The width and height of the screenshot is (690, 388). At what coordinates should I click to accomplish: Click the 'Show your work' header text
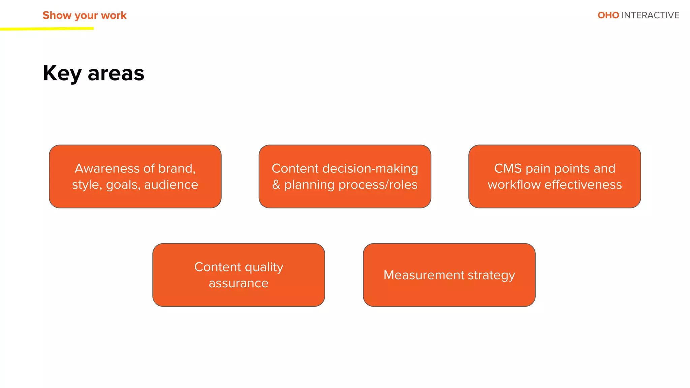click(x=84, y=15)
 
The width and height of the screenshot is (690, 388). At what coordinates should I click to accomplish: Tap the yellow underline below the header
click(x=47, y=29)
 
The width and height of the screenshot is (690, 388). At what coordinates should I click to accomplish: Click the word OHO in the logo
click(x=608, y=15)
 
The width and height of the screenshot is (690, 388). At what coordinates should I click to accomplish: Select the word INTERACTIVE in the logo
click(x=650, y=15)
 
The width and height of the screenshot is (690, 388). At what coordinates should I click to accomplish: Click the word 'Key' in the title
click(x=62, y=73)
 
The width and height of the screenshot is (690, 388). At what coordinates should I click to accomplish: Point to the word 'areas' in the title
click(x=116, y=73)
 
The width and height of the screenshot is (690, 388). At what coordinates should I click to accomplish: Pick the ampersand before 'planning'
click(x=276, y=185)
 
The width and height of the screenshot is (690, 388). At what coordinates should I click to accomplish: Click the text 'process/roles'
click(x=378, y=185)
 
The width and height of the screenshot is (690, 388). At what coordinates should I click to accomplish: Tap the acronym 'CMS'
click(x=508, y=168)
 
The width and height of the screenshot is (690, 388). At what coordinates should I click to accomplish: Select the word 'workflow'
click(x=514, y=185)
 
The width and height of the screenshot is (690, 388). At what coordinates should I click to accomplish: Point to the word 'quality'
click(x=264, y=267)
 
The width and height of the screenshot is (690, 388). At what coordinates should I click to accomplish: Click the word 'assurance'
click(x=239, y=283)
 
